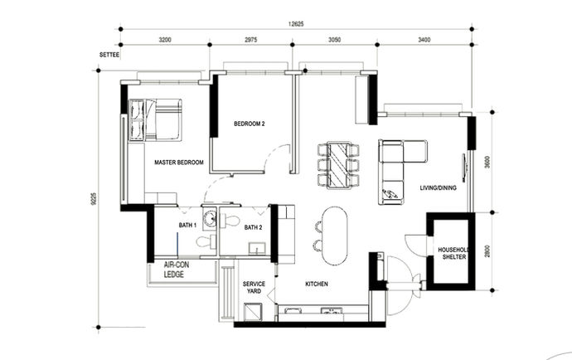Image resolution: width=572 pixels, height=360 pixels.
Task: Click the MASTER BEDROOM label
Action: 178,163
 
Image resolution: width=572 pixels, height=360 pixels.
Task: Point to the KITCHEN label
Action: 317,285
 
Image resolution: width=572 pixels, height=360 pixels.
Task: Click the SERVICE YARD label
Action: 254,288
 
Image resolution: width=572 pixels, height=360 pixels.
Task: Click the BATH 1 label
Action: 187,225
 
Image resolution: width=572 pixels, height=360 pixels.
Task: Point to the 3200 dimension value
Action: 164,39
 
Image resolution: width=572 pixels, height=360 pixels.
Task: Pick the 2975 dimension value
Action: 251,39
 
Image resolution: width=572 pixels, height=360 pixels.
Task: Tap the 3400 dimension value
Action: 423,39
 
